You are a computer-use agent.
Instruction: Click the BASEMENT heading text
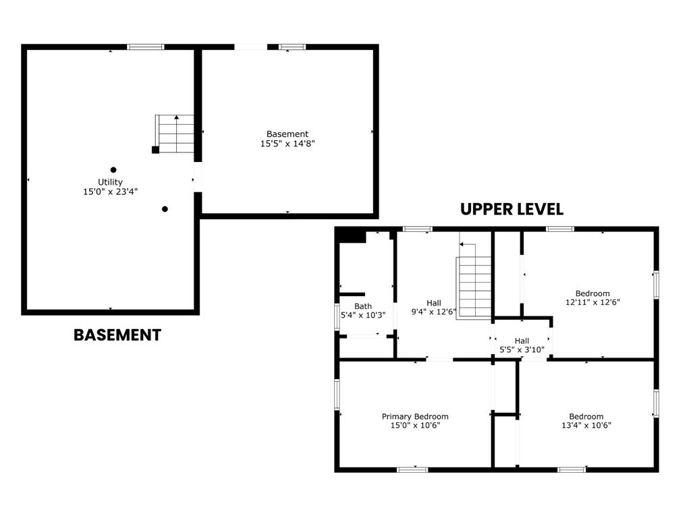[x=117, y=335]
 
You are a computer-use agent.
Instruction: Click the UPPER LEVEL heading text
[x=512, y=209]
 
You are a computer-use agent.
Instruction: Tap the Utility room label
[x=110, y=182]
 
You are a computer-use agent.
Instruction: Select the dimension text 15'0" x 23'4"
[x=110, y=192]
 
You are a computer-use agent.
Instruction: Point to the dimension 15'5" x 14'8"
[x=287, y=143]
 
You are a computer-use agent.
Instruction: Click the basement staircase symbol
[x=175, y=134]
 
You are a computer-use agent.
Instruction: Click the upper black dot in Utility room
[x=113, y=170]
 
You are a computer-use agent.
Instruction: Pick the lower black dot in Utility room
[x=165, y=209]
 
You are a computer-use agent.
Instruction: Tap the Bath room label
[x=363, y=306]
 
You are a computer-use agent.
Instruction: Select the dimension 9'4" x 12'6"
[x=434, y=312]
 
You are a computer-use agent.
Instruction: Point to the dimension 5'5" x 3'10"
[x=522, y=350]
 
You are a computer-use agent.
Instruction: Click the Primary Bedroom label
[x=415, y=416]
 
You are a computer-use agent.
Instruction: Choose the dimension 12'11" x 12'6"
[x=592, y=303]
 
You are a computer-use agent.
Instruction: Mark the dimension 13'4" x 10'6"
[x=586, y=426]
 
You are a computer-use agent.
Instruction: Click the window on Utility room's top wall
[x=146, y=47]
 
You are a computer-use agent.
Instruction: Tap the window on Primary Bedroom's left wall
[x=337, y=394]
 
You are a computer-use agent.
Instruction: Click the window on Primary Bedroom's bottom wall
[x=412, y=469]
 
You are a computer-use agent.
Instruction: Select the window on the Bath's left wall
[x=337, y=317]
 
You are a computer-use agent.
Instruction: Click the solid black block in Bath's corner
[x=352, y=236]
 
